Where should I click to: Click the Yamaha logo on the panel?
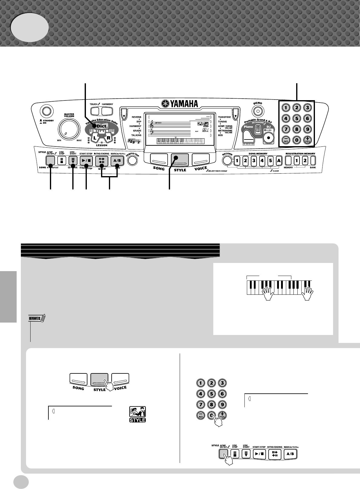click(179, 104)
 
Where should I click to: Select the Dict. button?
click(99, 126)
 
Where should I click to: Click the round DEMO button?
click(257, 111)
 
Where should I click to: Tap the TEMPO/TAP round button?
click(132, 160)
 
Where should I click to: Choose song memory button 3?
click(254, 160)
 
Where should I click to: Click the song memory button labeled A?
click(279, 160)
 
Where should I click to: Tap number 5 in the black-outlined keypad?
click(297, 118)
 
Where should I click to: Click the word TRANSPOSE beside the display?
click(224, 117)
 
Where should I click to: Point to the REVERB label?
click(136, 117)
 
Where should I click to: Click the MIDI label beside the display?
click(221, 135)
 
